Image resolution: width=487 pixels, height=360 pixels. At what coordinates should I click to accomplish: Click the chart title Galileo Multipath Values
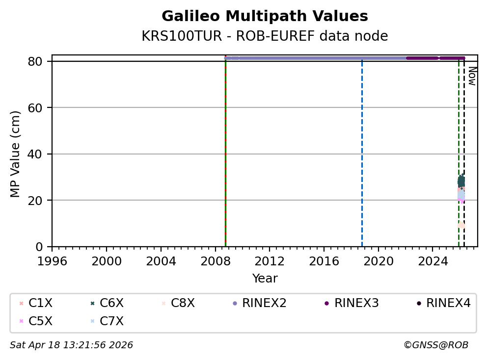click(x=265, y=17)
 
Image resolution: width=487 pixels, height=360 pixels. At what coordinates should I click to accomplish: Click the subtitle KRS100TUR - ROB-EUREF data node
click(x=265, y=36)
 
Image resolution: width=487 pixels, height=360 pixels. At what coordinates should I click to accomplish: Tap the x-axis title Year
click(x=265, y=279)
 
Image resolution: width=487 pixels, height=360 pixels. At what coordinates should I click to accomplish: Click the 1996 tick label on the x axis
click(x=53, y=260)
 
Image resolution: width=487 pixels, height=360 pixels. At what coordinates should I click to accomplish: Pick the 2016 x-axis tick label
click(x=324, y=260)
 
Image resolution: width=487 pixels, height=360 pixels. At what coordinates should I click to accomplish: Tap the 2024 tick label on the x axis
click(x=433, y=260)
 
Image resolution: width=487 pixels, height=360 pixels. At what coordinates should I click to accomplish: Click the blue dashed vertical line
click(x=362, y=157)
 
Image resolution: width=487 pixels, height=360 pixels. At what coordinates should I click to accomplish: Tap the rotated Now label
click(x=472, y=76)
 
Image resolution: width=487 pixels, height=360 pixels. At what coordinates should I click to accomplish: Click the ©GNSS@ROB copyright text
click(x=435, y=345)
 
